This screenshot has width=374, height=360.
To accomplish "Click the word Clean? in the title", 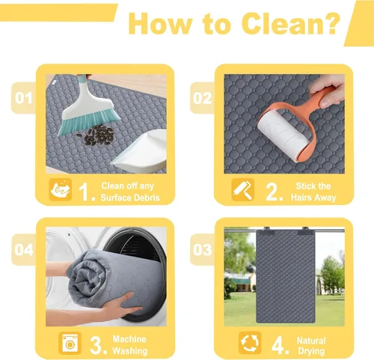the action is [x=291, y=23].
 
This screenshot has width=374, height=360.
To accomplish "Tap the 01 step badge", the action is [x=24, y=98].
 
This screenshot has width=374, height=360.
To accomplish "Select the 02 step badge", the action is [x=202, y=98].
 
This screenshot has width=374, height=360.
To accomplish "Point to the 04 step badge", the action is [x=24, y=249].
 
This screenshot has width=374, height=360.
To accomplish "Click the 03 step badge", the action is [x=202, y=249].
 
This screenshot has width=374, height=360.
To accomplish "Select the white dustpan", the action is [x=142, y=152].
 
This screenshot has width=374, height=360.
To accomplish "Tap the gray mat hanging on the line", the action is [x=286, y=276].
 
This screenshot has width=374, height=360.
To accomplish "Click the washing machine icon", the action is [x=70, y=343].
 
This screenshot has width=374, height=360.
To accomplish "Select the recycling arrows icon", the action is [x=250, y=343].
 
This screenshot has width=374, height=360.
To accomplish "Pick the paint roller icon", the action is [x=243, y=189].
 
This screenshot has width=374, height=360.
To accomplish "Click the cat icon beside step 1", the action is [x=61, y=189].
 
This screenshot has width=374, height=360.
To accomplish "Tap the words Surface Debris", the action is [x=130, y=198].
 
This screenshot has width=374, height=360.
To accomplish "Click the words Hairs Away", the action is [x=313, y=198].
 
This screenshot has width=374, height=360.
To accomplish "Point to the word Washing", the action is [x=130, y=351].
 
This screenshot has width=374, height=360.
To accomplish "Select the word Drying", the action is [x=311, y=351].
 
